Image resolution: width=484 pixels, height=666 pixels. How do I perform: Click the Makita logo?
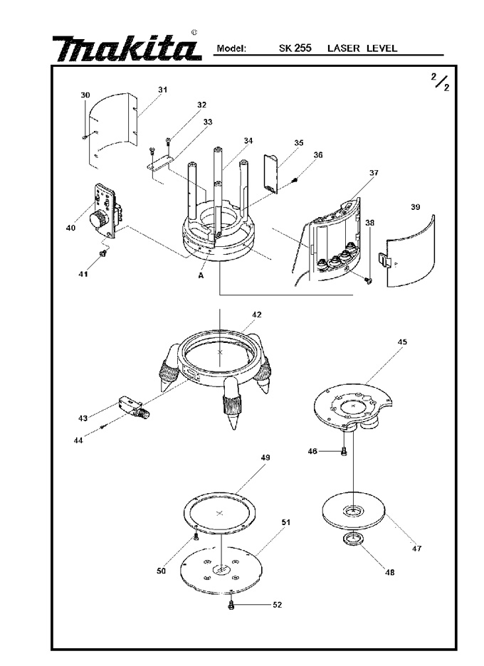127,48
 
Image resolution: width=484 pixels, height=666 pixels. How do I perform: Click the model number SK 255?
295,48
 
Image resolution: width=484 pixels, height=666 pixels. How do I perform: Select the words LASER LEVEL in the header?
362,48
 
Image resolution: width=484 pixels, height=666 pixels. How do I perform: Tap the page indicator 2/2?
441,82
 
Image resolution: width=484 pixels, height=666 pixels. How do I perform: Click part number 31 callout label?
162,90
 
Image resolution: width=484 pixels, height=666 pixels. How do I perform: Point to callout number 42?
257,314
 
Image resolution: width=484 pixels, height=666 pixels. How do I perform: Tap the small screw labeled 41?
102,253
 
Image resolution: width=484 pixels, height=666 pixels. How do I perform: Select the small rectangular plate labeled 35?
270,174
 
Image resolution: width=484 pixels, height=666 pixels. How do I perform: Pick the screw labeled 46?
344,452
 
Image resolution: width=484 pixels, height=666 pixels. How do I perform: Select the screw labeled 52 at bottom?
231,606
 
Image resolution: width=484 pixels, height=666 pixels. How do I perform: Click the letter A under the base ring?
201,275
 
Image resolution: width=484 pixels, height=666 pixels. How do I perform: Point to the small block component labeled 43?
133,406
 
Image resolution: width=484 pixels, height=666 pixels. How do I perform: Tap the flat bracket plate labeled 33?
160,162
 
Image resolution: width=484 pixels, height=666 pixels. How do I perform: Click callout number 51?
286,522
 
